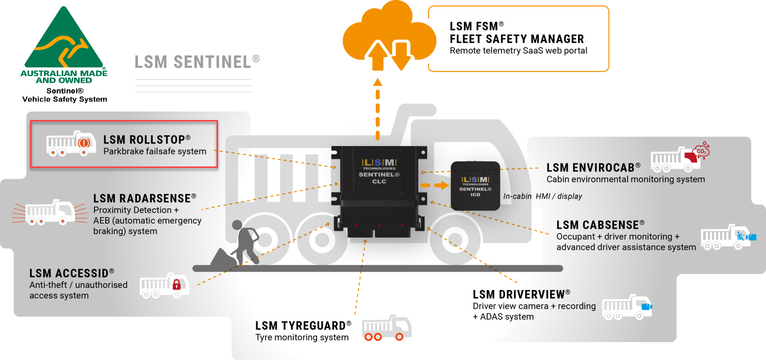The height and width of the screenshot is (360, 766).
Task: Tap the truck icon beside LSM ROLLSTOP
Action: click(69, 143)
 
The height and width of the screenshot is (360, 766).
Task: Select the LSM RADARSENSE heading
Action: click(145, 198)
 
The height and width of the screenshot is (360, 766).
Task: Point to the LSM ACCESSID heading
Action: click(71, 273)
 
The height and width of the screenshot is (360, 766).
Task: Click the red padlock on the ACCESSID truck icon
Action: click(176, 284)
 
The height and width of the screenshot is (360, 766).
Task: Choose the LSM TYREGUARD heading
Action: click(303, 326)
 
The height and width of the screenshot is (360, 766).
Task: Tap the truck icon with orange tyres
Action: click(387, 328)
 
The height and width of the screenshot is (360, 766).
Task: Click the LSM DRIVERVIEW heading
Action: click(521, 294)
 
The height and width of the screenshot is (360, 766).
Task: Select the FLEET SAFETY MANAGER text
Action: click(517, 39)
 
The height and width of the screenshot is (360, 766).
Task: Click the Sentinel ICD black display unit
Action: click(475, 185)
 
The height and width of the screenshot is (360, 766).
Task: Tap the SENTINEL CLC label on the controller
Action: click(378, 177)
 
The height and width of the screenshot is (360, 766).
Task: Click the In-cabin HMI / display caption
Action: click(542, 196)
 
